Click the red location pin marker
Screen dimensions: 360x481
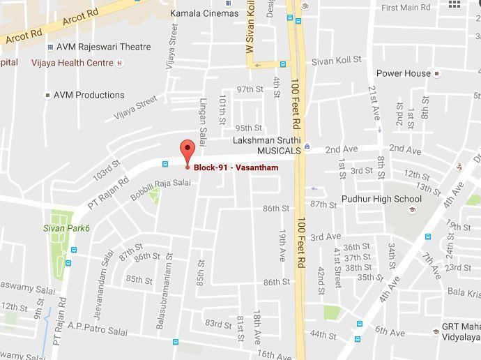click(187, 151)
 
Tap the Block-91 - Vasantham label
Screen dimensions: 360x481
click(236, 167)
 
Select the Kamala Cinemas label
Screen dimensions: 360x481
click(204, 13)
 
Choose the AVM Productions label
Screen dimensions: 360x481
click(89, 95)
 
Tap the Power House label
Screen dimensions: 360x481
click(404, 73)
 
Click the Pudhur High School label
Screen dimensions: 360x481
click(381, 199)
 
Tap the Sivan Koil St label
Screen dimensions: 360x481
click(337, 61)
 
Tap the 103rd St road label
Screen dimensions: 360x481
click(107, 171)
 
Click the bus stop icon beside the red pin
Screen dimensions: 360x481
click(165, 165)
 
